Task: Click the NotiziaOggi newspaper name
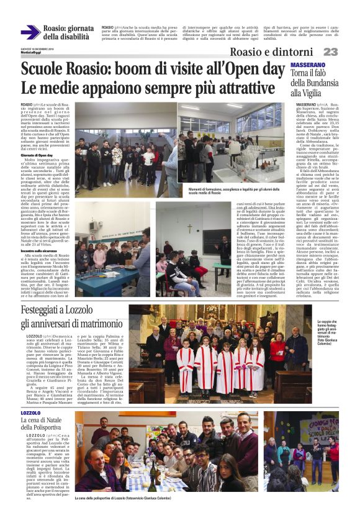[x=30, y=52]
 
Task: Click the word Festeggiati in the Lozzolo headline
[x=48, y=309]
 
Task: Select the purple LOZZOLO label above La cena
[x=30, y=395]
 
